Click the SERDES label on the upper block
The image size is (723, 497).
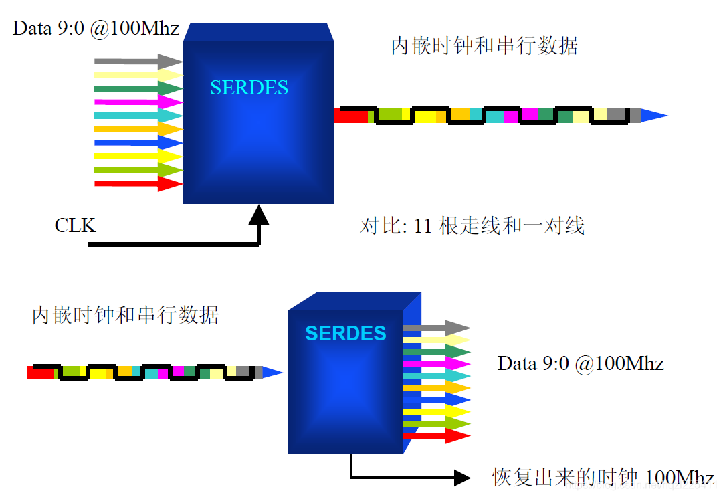coord(249,88)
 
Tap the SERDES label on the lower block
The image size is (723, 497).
coord(345,333)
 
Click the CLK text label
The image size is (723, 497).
coord(75,225)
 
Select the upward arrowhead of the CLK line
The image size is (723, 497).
coord(259,215)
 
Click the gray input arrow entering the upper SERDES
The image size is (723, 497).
coord(138,62)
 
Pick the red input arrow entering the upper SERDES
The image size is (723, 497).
coord(138,183)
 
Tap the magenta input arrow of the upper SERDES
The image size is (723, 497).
coord(138,102)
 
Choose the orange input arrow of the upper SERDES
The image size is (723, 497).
coord(138,129)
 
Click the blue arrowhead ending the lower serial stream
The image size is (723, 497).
coord(272,372)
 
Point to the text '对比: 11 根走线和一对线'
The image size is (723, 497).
coord(472,225)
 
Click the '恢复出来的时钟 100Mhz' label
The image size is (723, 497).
coord(603,477)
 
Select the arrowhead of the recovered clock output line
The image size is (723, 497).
coord(461,477)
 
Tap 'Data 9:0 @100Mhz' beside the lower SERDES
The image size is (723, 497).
coord(580,363)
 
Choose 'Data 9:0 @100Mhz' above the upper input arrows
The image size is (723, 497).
coord(96,29)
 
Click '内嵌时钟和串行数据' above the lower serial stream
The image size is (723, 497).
coord(125,314)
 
